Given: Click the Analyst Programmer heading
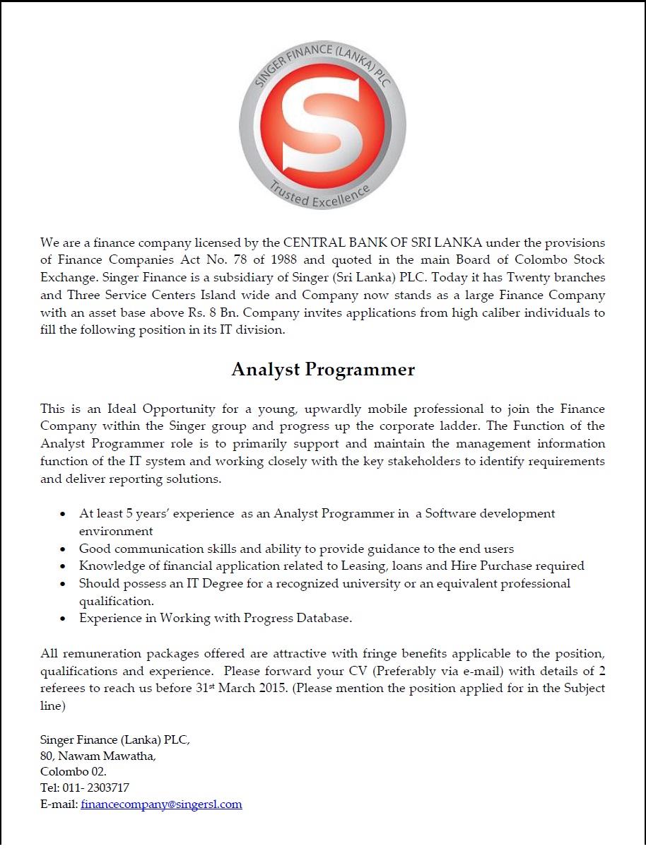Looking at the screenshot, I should [x=323, y=369].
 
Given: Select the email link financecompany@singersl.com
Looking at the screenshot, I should [x=161, y=804].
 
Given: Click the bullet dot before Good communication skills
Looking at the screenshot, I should [x=64, y=549].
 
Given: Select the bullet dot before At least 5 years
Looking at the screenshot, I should [x=64, y=515].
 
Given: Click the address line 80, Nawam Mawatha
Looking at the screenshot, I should [x=98, y=756].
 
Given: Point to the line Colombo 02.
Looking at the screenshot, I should [x=74, y=772].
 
